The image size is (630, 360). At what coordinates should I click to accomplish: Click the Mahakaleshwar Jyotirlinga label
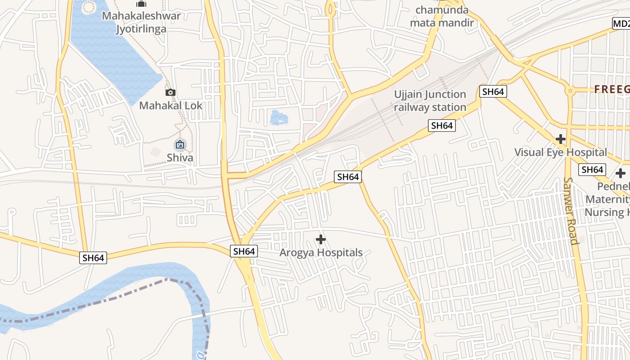141,22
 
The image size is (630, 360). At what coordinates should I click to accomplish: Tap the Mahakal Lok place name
171,106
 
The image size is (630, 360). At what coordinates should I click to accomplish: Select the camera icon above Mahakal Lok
170,93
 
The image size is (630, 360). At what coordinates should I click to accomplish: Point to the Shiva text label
180,157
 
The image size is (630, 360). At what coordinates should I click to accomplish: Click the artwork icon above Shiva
180,144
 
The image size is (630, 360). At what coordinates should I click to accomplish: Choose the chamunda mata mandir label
442,16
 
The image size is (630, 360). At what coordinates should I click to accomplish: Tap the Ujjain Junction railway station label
430,101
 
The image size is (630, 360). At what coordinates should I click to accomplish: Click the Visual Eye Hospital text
560,152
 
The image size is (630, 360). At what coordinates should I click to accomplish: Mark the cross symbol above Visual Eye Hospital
560,139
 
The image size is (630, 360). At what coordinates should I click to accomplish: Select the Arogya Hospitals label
321,252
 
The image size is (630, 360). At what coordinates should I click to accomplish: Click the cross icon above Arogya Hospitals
321,239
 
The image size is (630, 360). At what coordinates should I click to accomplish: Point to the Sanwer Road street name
570,211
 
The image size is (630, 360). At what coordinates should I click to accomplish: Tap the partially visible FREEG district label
612,89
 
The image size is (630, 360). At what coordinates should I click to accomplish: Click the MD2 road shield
621,23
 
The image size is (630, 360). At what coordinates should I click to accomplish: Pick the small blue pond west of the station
279,118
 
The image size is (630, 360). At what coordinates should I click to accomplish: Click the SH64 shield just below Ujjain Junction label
441,126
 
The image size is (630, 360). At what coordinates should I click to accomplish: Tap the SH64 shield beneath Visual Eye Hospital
592,170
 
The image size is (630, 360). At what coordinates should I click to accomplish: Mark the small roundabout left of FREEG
570,90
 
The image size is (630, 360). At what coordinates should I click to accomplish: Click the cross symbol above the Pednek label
621,173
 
